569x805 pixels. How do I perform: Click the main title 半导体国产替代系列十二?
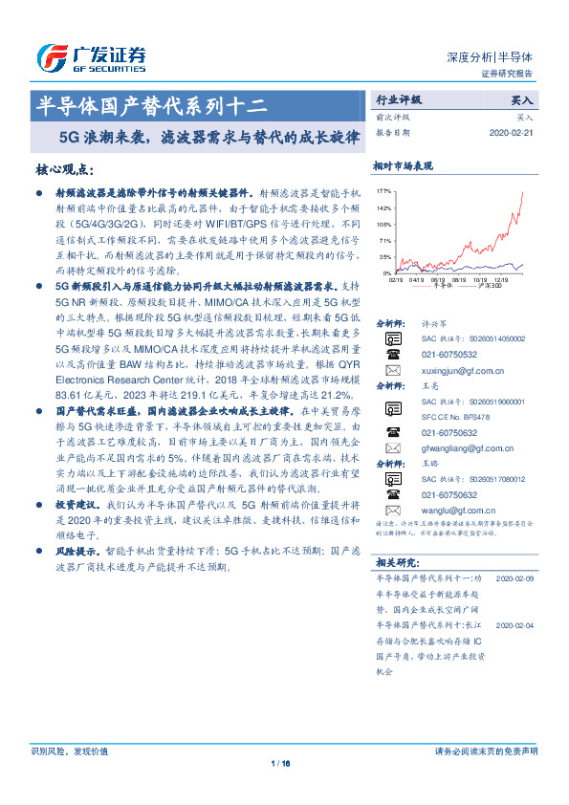pos(156,102)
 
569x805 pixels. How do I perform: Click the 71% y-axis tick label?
pos(385,240)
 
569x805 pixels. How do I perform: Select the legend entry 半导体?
pos(441,287)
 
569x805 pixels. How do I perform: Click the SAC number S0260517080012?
pos(486,478)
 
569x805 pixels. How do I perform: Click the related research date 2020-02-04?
pos(515,621)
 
